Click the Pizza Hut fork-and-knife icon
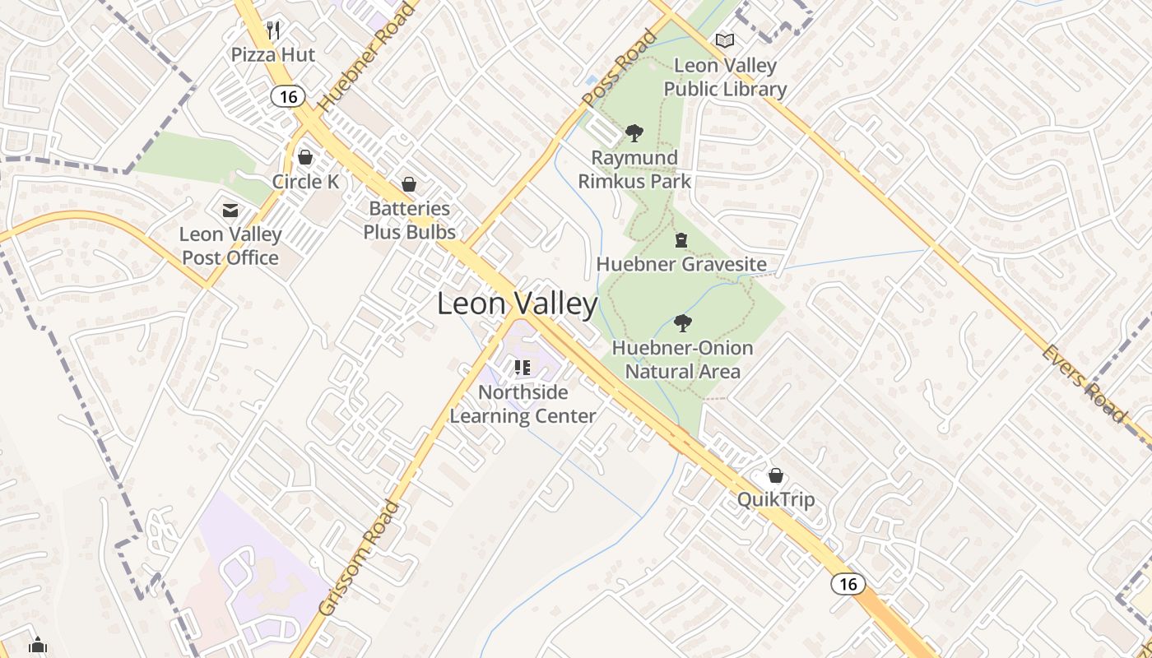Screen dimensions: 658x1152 [273, 31]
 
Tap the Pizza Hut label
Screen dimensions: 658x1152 [273, 55]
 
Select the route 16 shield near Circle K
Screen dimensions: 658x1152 [287, 96]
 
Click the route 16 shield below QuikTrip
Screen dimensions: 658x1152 [848, 584]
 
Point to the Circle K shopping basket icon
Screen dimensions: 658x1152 [305, 157]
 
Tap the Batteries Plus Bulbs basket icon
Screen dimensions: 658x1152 [409, 184]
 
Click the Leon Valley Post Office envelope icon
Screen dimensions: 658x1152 [230, 211]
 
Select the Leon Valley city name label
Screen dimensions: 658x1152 [517, 304]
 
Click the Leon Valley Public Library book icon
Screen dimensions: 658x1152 [725, 40]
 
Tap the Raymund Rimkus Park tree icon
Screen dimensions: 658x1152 [634, 132]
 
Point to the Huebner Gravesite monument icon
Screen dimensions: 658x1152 [681, 240]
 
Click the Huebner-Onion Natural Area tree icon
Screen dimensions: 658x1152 [682, 323]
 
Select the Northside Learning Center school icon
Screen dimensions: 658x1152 [523, 368]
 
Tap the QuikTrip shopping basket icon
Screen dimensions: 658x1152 [775, 475]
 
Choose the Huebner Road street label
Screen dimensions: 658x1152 [368, 59]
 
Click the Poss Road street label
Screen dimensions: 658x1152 [620, 68]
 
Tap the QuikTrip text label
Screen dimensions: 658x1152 [775, 500]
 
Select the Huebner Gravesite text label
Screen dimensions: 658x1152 [681, 265]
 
